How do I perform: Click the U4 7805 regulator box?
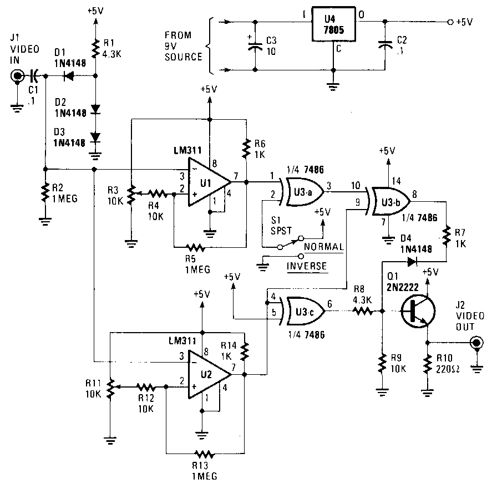click(333, 24)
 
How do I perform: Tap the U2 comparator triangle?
click(209, 374)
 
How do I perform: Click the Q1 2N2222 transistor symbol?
click(418, 312)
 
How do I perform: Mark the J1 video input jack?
click(17, 76)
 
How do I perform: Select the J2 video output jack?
click(476, 342)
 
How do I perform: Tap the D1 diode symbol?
click(68, 76)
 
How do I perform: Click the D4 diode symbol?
click(412, 262)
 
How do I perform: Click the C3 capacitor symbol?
click(255, 46)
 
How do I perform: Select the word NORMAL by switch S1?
click(324, 247)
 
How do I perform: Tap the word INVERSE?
click(307, 267)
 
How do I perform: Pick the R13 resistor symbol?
click(205, 454)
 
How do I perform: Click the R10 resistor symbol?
click(427, 364)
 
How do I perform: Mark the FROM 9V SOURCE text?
click(183, 46)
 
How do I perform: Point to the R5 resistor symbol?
click(195, 248)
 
